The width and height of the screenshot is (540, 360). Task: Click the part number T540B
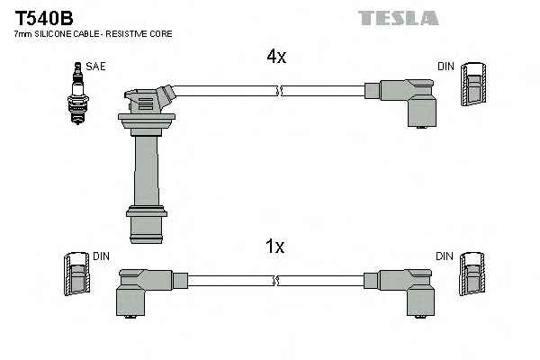[x=43, y=17]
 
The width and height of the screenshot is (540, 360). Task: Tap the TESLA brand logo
[x=398, y=18]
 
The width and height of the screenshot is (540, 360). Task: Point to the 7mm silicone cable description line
[x=93, y=34]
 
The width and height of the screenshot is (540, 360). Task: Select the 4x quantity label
[x=275, y=57]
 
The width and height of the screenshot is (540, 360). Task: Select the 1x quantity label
[x=275, y=246]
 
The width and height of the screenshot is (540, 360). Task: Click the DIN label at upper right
[x=445, y=67]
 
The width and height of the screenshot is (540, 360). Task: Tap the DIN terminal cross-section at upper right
[x=475, y=89]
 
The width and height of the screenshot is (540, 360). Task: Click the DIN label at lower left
[x=100, y=256]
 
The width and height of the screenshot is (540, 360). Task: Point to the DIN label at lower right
[x=445, y=256]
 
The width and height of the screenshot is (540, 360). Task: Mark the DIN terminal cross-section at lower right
[x=471, y=275]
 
